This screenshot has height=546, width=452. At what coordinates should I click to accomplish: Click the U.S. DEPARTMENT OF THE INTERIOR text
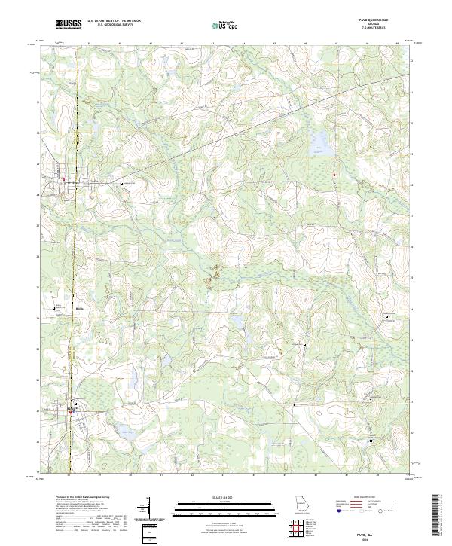tap(114, 21)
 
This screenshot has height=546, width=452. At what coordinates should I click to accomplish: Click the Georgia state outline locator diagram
tap(301, 503)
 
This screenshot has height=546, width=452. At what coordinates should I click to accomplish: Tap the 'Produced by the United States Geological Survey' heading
tap(80, 498)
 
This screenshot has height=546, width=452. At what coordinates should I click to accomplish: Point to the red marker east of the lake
tap(334, 175)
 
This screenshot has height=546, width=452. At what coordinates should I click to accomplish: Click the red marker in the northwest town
tap(65, 179)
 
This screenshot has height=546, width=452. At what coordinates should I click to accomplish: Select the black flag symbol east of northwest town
tap(121, 183)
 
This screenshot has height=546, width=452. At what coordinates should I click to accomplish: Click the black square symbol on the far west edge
tap(54, 308)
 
